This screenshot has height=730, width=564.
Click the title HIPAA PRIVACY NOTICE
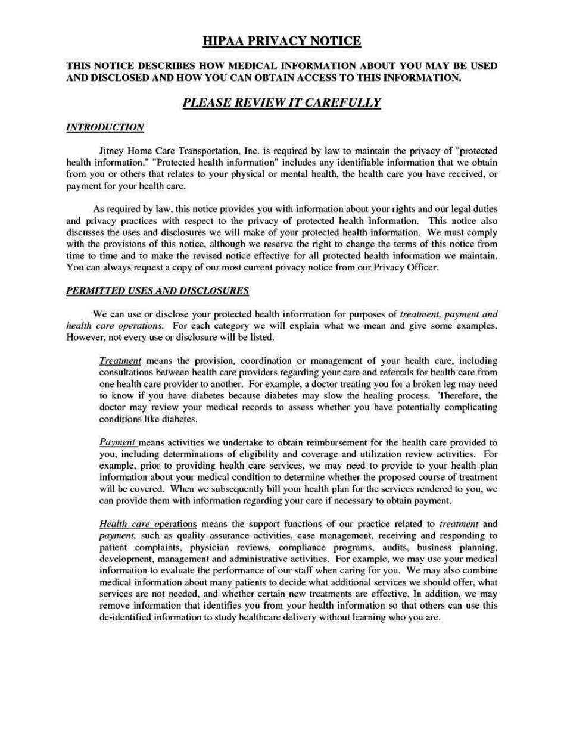pos(282,41)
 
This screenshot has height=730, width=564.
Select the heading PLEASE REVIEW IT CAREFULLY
pos(282,102)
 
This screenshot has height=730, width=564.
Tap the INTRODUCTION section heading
pos(105,127)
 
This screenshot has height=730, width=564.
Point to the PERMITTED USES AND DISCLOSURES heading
pos(157,291)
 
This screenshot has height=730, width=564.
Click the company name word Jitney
pos(111,151)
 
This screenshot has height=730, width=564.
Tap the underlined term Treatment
pos(120,361)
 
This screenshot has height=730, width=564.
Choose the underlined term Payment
pos(118,442)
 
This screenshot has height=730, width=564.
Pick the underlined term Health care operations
pos(147,524)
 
